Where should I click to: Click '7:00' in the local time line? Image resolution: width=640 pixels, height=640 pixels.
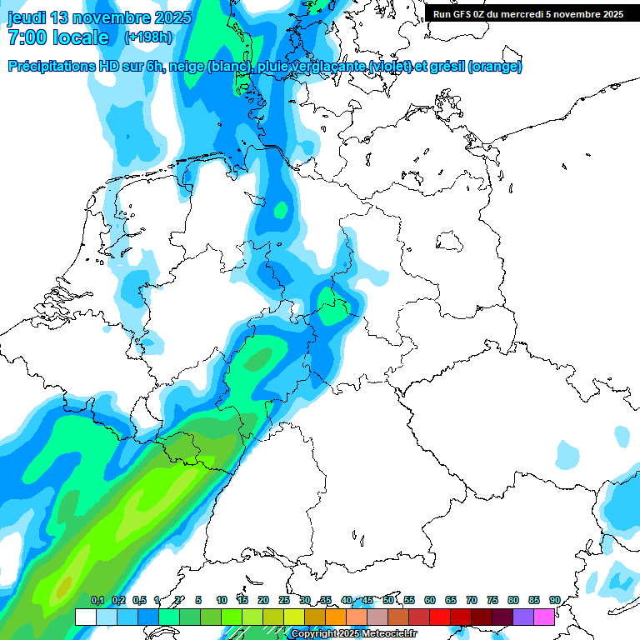[x=26, y=37]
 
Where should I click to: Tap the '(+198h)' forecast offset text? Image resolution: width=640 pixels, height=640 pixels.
[x=150, y=37]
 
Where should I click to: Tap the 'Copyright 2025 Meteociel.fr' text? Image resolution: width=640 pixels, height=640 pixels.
[x=353, y=634]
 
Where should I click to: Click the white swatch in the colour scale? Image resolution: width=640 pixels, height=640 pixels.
[x=86, y=617]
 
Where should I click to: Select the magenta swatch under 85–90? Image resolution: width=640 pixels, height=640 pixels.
[x=544, y=617]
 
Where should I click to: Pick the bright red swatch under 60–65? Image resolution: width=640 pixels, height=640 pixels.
[x=440, y=617]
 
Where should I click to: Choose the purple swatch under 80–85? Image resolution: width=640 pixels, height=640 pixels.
[x=523, y=617]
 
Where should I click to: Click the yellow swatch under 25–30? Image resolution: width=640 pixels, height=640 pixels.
[x=294, y=617]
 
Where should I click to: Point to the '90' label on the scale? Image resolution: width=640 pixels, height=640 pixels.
[x=554, y=600]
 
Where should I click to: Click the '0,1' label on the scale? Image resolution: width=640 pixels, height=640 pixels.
[x=97, y=600]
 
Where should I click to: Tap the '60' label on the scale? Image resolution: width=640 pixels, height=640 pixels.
[x=430, y=600]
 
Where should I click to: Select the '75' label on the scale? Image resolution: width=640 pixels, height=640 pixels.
[x=492, y=600]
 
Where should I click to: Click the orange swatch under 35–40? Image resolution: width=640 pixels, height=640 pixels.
[x=336, y=617]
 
